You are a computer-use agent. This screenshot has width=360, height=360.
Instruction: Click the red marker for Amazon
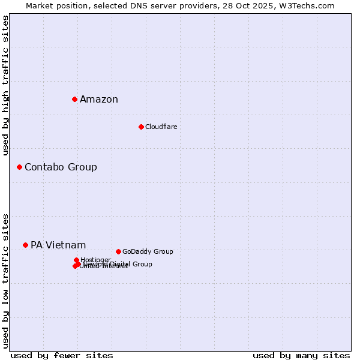click(74, 99)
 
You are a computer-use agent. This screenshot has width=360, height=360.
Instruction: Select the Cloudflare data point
click(141, 127)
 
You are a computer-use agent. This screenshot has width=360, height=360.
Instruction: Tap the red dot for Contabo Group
click(19, 167)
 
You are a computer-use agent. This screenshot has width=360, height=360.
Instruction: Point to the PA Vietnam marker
click(25, 245)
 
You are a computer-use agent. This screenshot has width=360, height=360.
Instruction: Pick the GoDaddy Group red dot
click(118, 251)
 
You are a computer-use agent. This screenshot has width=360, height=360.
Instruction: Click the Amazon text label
click(99, 100)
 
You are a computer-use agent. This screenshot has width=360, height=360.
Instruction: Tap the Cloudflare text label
click(161, 127)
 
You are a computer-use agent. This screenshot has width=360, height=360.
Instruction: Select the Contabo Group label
click(61, 167)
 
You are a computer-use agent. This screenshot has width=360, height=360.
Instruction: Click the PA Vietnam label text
click(58, 245)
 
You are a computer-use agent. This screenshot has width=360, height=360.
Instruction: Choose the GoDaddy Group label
click(148, 251)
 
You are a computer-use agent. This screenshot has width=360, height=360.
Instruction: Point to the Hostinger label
click(95, 260)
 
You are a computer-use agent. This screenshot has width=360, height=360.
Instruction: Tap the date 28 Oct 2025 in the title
click(259, 5)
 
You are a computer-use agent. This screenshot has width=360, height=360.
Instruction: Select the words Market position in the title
click(55, 5)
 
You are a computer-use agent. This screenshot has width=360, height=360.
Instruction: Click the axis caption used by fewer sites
click(62, 355)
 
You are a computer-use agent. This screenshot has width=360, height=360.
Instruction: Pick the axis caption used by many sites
click(301, 355)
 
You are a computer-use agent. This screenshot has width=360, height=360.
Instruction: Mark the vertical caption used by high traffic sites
click(6, 85)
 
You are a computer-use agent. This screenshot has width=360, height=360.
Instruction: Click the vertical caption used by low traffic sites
click(6, 280)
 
